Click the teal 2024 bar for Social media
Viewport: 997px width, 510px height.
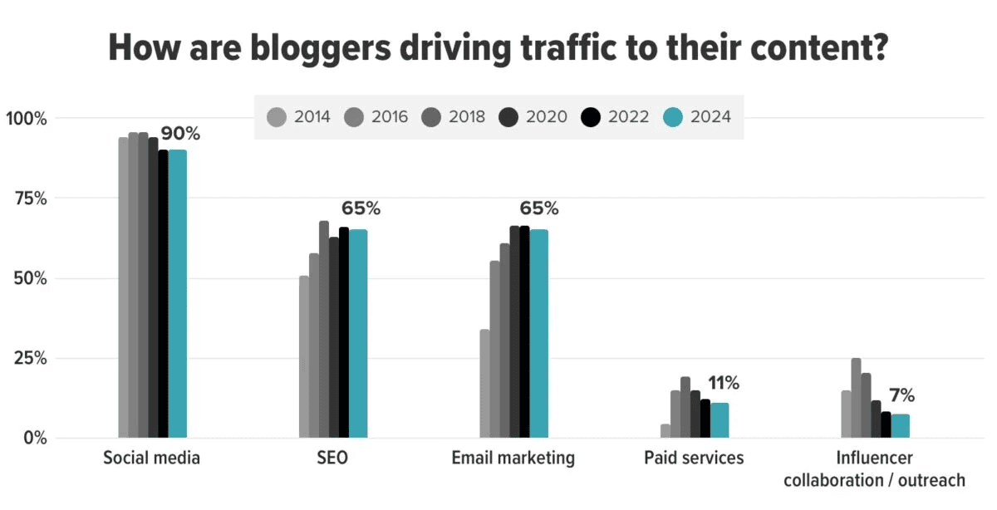[x=177, y=292]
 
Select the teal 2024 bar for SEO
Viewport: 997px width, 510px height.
[x=358, y=332]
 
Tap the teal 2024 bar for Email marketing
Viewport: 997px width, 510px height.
[x=539, y=332]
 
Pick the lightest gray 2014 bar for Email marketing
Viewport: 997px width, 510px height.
[x=484, y=383]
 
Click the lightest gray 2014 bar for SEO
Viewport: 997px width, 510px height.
[x=304, y=356]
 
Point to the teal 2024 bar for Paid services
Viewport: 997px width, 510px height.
[x=720, y=419]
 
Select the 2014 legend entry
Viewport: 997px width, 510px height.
[x=299, y=117]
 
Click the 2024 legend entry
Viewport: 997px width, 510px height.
[x=699, y=117]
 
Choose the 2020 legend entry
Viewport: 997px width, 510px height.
[x=537, y=117]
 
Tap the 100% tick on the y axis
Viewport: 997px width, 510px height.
[x=28, y=119]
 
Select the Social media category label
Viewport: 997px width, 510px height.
[x=151, y=458]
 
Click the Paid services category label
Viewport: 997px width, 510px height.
[x=694, y=458]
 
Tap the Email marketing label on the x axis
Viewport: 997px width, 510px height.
[x=513, y=458]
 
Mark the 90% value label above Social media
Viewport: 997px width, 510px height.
[x=180, y=134]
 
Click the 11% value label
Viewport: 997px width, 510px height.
[x=723, y=383]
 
